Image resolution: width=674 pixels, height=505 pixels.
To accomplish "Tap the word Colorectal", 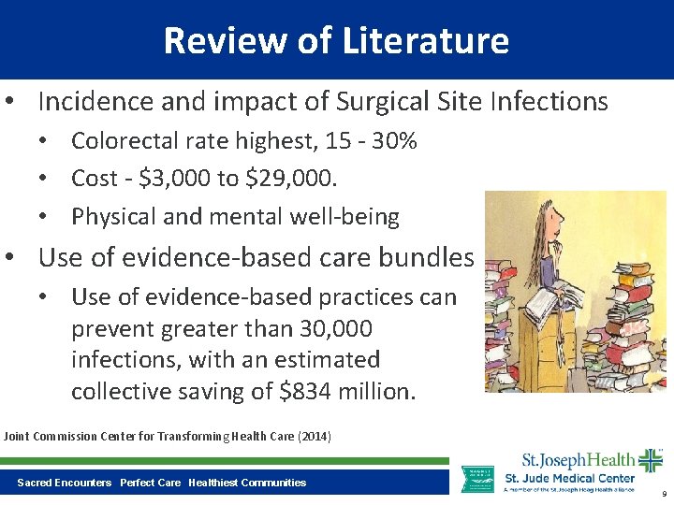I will pyautogui.click(x=127, y=141).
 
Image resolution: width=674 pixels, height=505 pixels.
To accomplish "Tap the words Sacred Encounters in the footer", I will pyautogui.click(x=64, y=483).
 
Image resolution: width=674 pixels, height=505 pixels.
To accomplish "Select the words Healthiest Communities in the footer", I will pyautogui.click(x=247, y=483).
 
